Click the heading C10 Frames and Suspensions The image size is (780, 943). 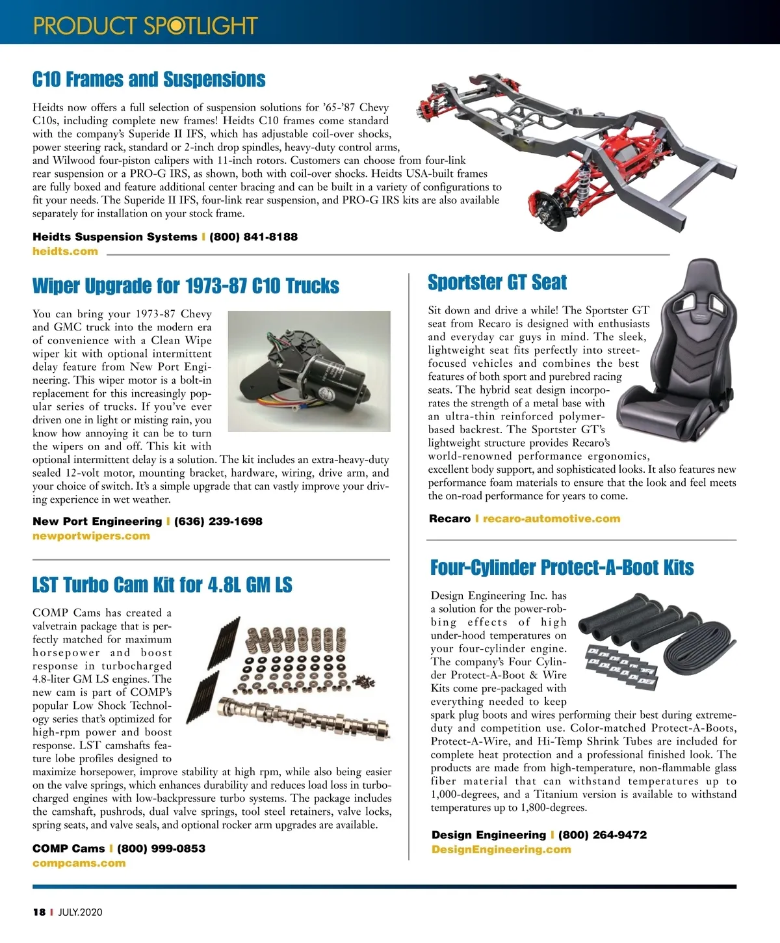click(149, 80)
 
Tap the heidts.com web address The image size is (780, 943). click(65, 252)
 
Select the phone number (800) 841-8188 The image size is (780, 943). click(253, 237)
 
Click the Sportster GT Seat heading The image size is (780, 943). click(497, 282)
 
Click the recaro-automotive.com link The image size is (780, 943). click(551, 519)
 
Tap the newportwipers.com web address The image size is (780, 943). click(91, 537)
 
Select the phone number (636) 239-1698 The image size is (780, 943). click(218, 522)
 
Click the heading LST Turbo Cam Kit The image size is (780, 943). click(162, 585)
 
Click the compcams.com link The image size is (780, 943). click(79, 864)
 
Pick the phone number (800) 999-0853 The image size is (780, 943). click(161, 849)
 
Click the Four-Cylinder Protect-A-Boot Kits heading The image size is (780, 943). click(562, 568)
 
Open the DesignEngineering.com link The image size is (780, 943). click(501, 850)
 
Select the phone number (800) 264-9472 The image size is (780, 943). click(603, 835)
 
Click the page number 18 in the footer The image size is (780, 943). click(39, 912)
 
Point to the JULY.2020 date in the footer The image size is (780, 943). click(80, 912)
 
